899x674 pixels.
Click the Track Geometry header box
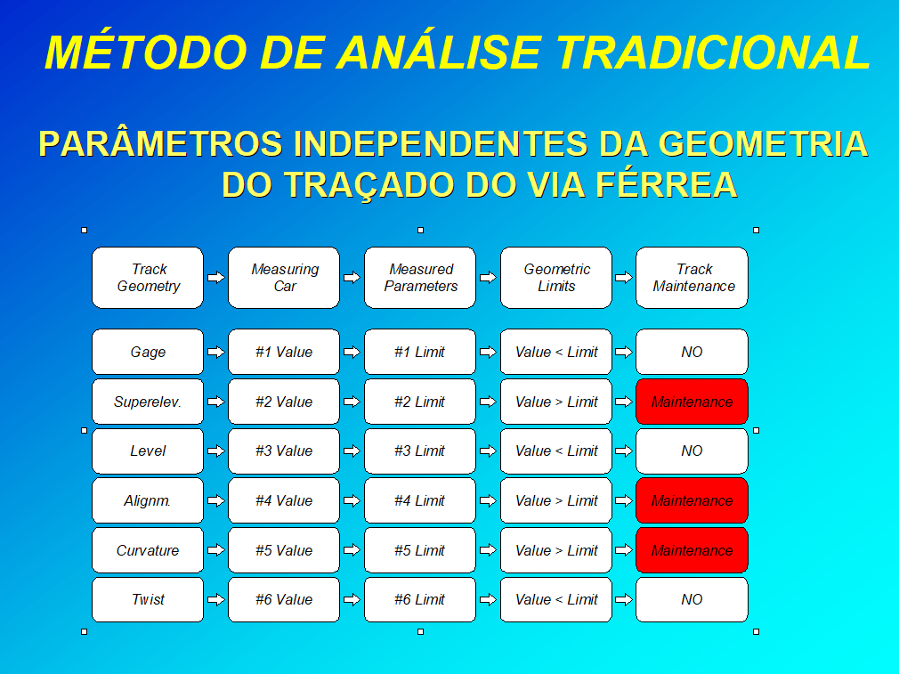[x=148, y=278]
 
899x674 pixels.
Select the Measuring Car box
[x=284, y=278]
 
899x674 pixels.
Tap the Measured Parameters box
[x=420, y=278]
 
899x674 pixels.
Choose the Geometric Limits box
[x=556, y=278]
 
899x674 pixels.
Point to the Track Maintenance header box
[x=692, y=278]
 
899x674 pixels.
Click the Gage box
[x=148, y=352]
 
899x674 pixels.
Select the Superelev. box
[x=148, y=402]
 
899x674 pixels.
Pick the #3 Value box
[x=284, y=451]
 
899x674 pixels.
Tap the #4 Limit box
[x=420, y=500]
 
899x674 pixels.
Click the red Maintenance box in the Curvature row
[x=692, y=550]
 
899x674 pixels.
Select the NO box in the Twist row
[x=692, y=599]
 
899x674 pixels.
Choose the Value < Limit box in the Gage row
[x=556, y=352]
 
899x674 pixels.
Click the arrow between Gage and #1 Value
[x=216, y=352]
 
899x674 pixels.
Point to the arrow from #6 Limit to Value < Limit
[x=488, y=599]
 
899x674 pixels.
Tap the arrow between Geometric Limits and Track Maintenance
[x=624, y=278]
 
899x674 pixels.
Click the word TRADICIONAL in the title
[x=713, y=53]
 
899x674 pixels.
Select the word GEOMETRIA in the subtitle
[x=763, y=143]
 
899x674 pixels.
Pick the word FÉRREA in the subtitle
[x=666, y=183]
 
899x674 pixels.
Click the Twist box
[x=148, y=599]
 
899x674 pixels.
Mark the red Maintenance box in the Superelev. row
[x=692, y=402]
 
